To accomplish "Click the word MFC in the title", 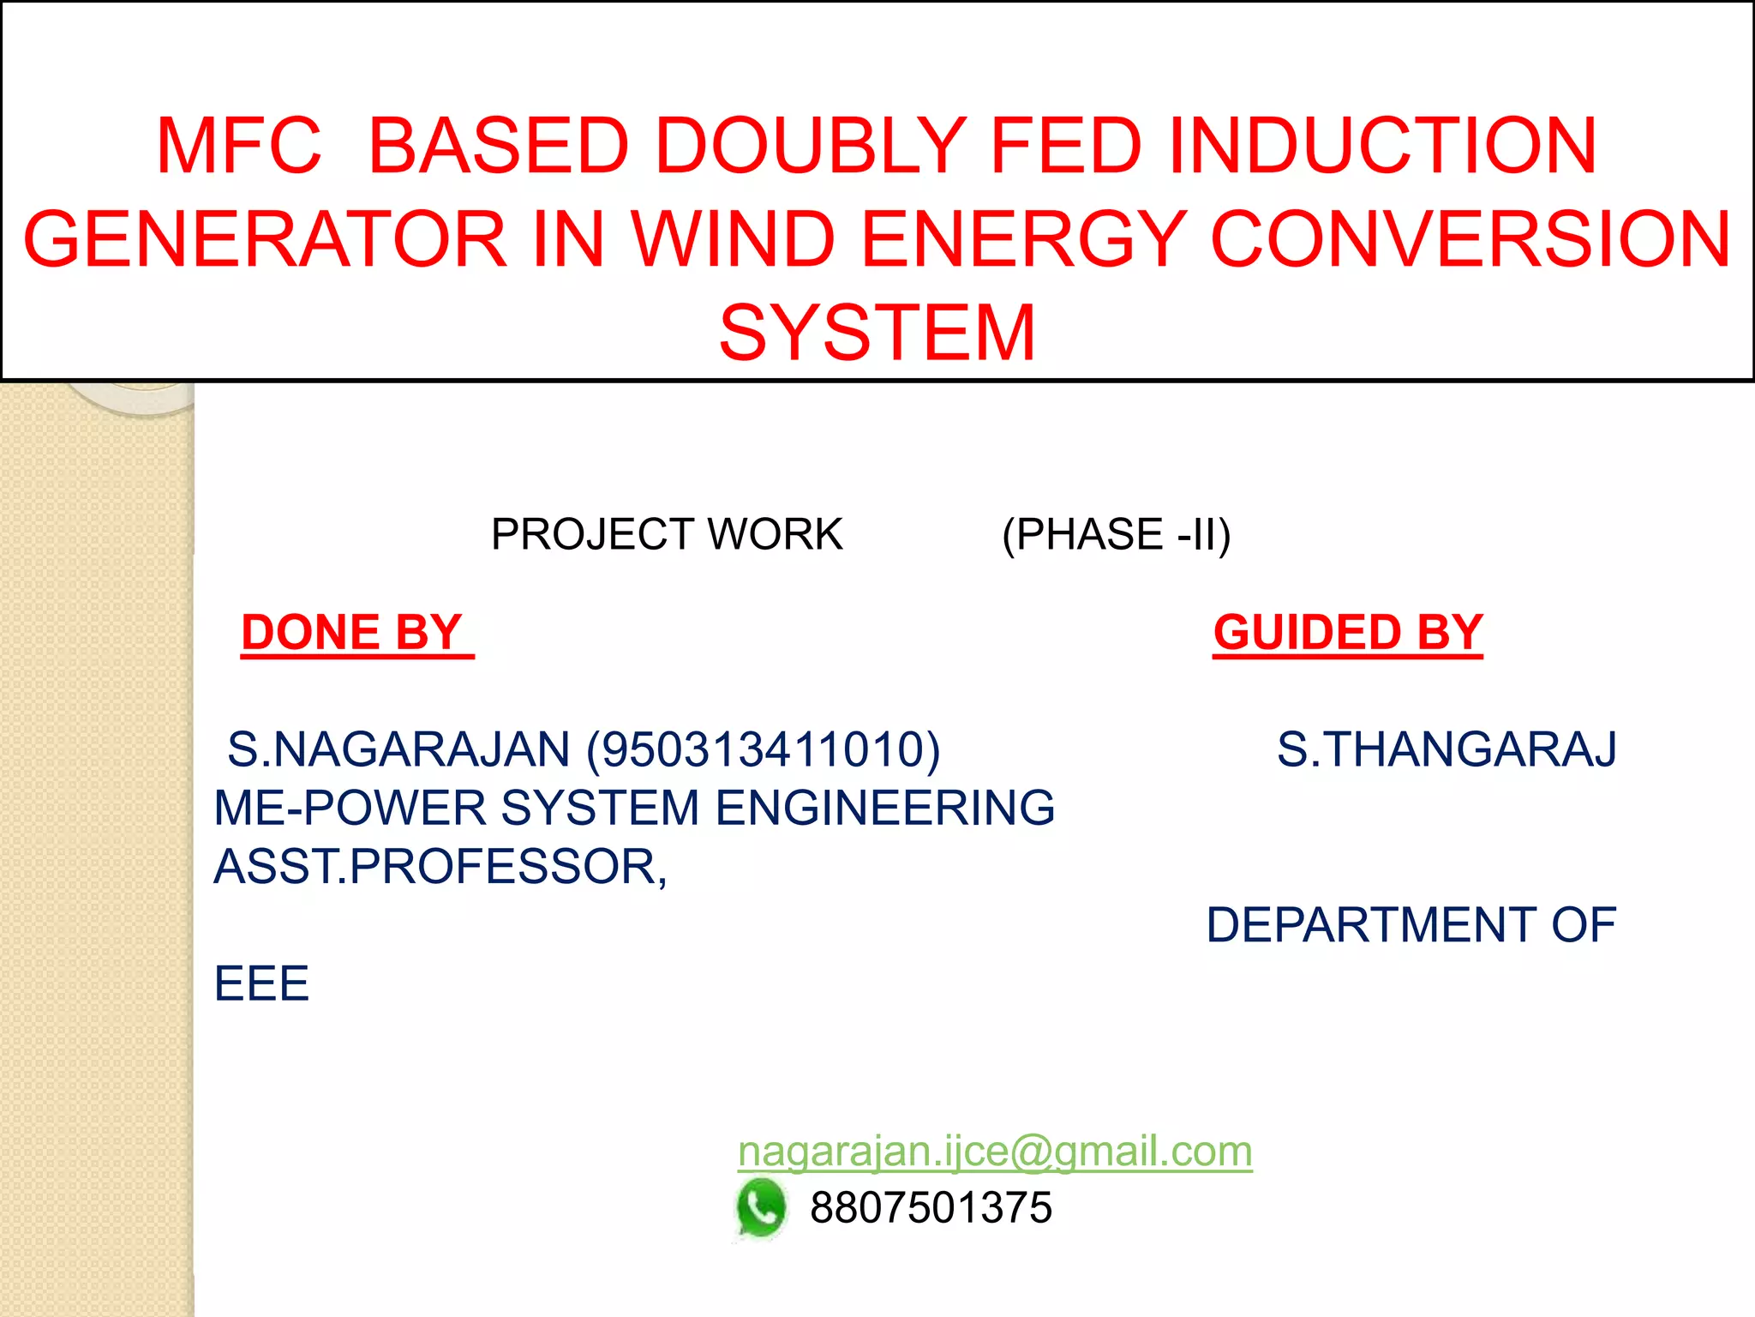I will [x=239, y=146].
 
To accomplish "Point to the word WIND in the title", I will [x=733, y=239].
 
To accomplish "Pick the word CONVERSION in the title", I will [x=1470, y=239].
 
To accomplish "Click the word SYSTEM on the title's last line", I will [x=877, y=333].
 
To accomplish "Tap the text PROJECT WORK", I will [x=667, y=534].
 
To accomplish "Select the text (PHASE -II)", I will [x=1116, y=534].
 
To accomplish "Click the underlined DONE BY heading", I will [x=353, y=633].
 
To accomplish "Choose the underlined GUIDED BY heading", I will [x=1347, y=633].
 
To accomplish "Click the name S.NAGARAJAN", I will [x=398, y=749].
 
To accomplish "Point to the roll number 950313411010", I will [x=763, y=749].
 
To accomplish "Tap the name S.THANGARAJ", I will [x=1447, y=749].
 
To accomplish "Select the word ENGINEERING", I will [x=884, y=808].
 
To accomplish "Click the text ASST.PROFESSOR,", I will [x=440, y=866].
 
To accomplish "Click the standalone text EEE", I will [x=261, y=983].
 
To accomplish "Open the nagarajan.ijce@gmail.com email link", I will [x=994, y=1151].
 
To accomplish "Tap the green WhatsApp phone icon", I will [x=760, y=1208].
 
